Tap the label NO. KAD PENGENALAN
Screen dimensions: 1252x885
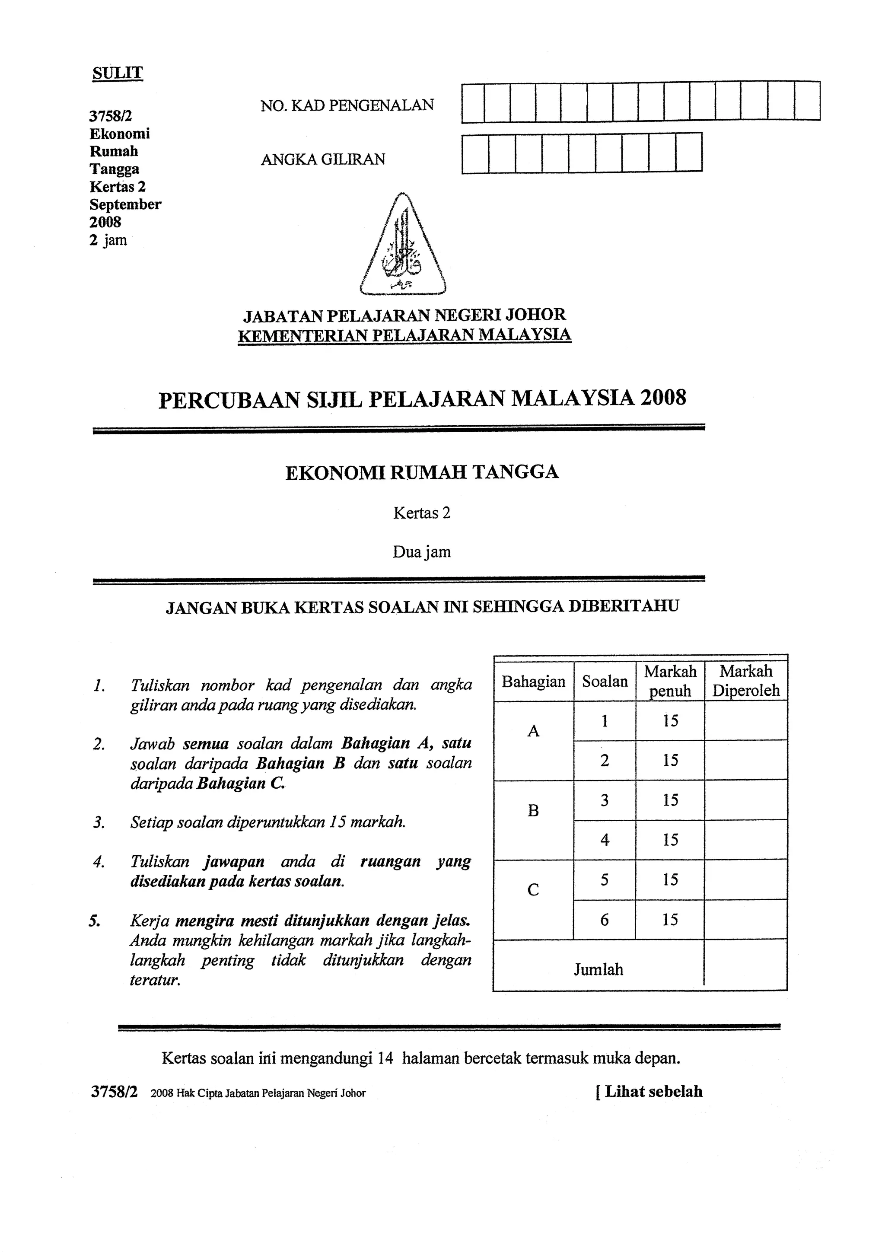click(347, 105)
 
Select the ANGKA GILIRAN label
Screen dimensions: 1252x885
click(323, 159)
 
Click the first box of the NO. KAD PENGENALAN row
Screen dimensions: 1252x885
click(473, 102)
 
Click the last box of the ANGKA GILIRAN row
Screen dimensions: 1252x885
click(689, 153)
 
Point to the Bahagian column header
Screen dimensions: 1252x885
click(533, 682)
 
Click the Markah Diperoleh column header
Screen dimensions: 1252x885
click(745, 681)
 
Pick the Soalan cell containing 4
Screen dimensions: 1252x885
click(604, 840)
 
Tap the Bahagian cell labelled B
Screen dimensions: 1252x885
click(533, 811)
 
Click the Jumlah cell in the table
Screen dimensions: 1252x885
click(598, 969)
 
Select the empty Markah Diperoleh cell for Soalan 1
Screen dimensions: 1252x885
click(745, 721)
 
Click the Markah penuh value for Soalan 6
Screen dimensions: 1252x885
click(670, 920)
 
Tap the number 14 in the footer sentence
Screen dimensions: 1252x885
click(385, 1058)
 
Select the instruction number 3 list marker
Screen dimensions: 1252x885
click(99, 822)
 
